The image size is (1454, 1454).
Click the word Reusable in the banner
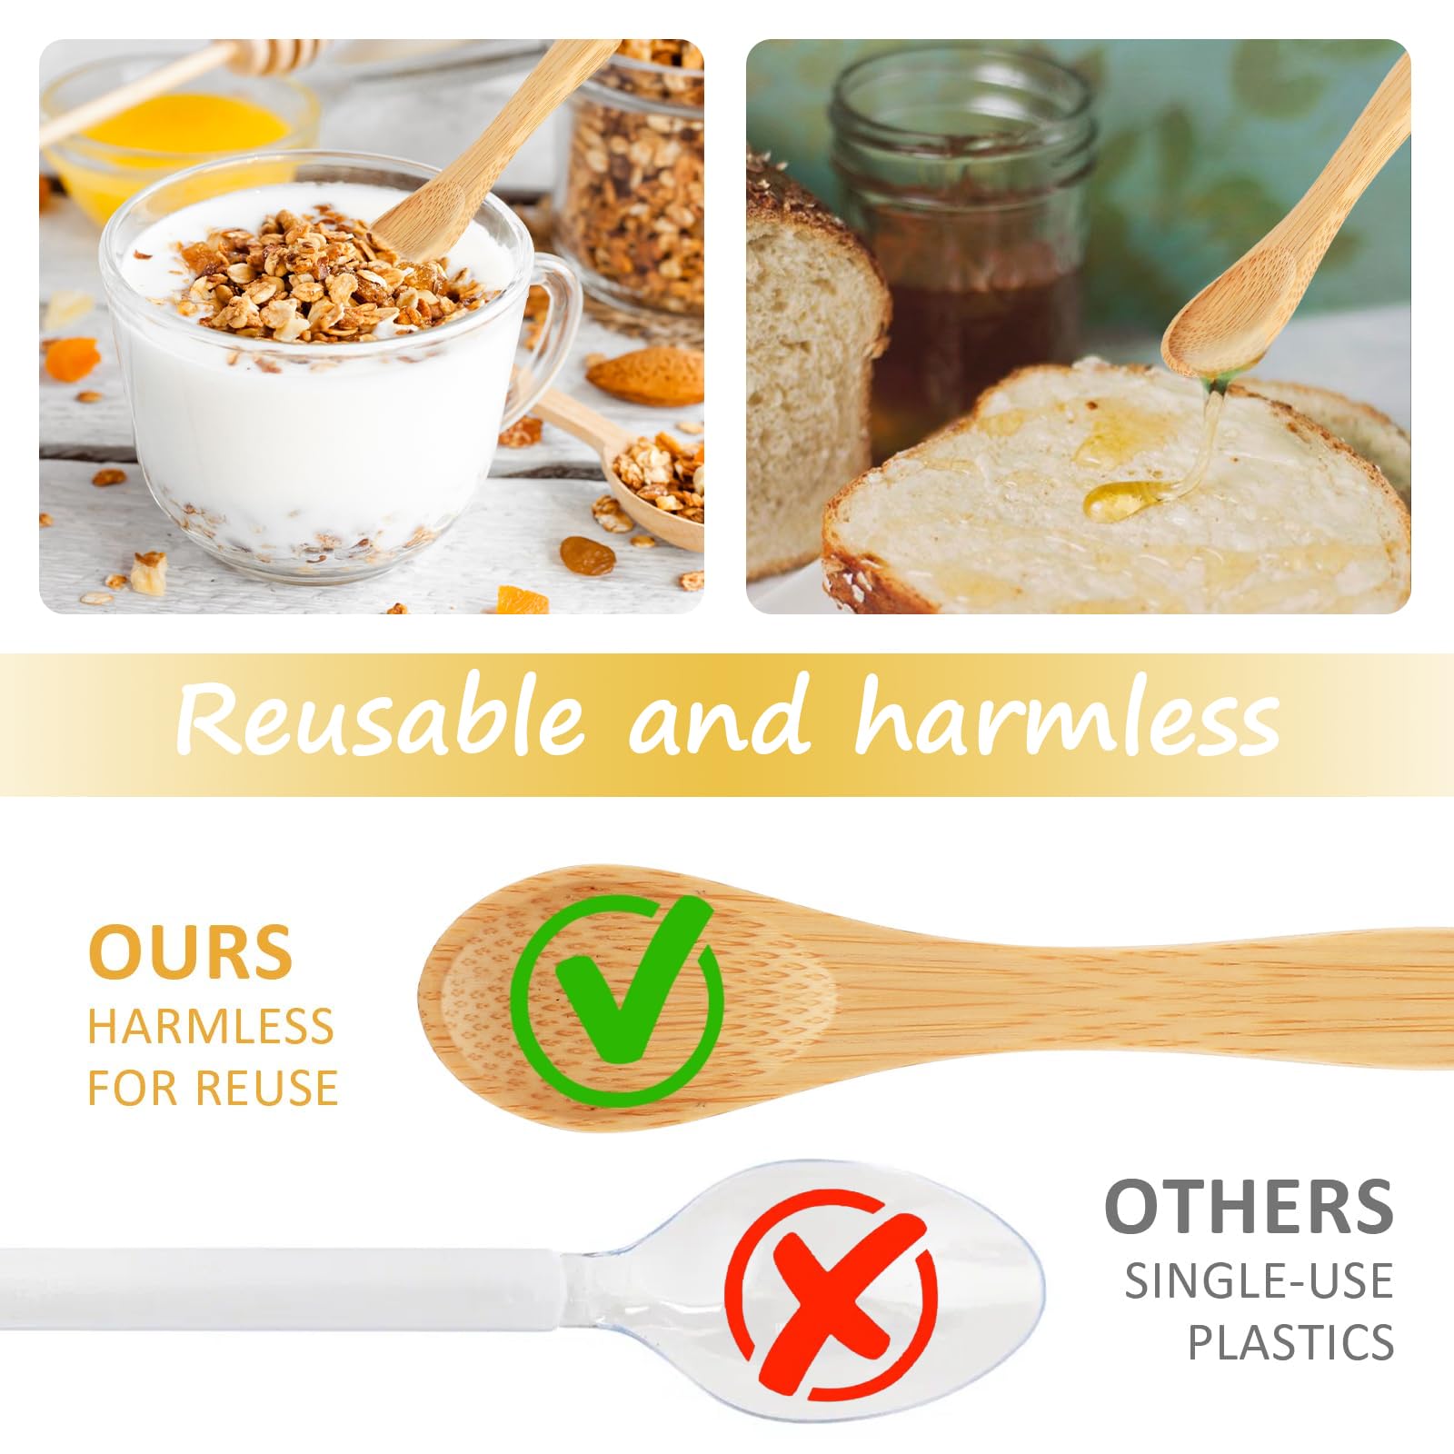379,721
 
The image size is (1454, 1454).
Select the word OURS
190,952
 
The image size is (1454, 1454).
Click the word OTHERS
1249,1206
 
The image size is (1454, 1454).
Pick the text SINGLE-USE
1260,1281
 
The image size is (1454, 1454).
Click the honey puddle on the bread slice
1127,499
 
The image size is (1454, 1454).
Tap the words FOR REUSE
213,1087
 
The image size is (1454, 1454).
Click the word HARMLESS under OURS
211,1026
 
